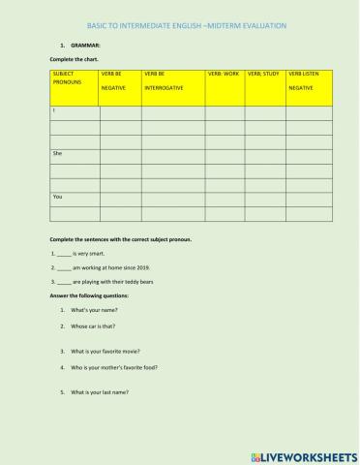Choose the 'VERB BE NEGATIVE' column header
pos(115,83)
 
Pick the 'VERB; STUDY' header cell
pos(263,73)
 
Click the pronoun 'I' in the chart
pos(54,111)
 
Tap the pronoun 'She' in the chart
pos(58,153)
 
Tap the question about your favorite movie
pos(105,351)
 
